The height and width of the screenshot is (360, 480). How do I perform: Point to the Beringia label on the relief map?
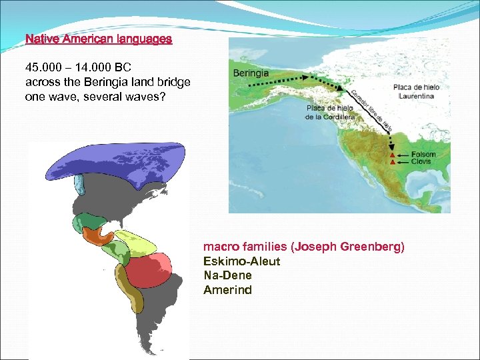tap(251, 72)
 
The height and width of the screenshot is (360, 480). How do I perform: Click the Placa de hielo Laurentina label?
tap(417, 91)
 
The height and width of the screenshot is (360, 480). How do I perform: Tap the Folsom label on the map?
tap(423, 154)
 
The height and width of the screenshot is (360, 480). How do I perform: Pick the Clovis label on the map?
tap(421, 161)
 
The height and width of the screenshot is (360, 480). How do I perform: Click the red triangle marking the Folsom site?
tap(392, 155)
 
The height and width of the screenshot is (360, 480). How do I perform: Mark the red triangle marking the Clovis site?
tap(392, 162)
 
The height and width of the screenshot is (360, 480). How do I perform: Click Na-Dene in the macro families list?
tap(227, 275)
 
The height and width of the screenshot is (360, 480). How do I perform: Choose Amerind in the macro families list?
tap(227, 289)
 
